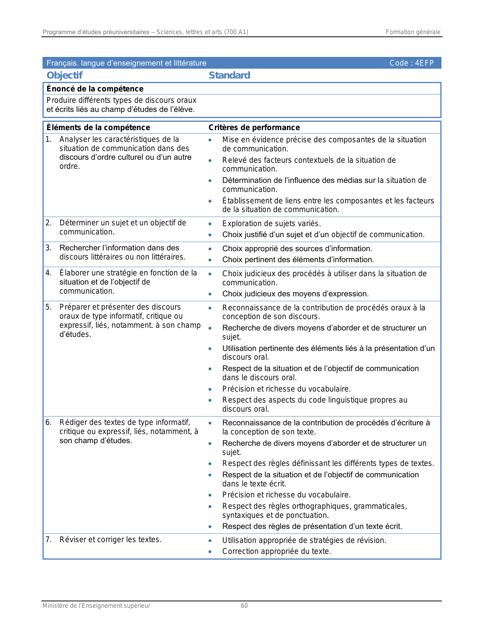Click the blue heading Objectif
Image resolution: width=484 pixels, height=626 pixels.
click(65, 75)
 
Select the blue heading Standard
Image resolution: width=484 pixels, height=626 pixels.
click(229, 75)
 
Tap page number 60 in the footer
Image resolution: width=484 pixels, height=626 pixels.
click(244, 606)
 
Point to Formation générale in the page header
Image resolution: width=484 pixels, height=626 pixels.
click(413, 32)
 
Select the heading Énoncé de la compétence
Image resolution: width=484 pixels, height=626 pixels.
click(95, 89)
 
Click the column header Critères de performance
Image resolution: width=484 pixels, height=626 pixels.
click(254, 127)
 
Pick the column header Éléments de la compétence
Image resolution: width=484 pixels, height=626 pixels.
click(98, 127)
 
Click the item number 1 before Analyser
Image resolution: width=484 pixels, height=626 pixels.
click(48, 139)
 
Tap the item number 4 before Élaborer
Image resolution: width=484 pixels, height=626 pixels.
click(48, 273)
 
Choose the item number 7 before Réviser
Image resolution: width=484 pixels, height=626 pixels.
click(48, 539)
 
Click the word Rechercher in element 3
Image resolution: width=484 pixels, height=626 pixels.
click(77, 248)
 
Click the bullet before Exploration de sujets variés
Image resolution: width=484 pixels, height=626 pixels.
click(210, 224)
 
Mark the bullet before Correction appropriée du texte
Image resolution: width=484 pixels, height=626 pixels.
click(210, 552)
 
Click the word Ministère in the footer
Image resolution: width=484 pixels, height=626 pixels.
click(55, 606)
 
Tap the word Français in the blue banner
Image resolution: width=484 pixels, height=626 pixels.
click(62, 63)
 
